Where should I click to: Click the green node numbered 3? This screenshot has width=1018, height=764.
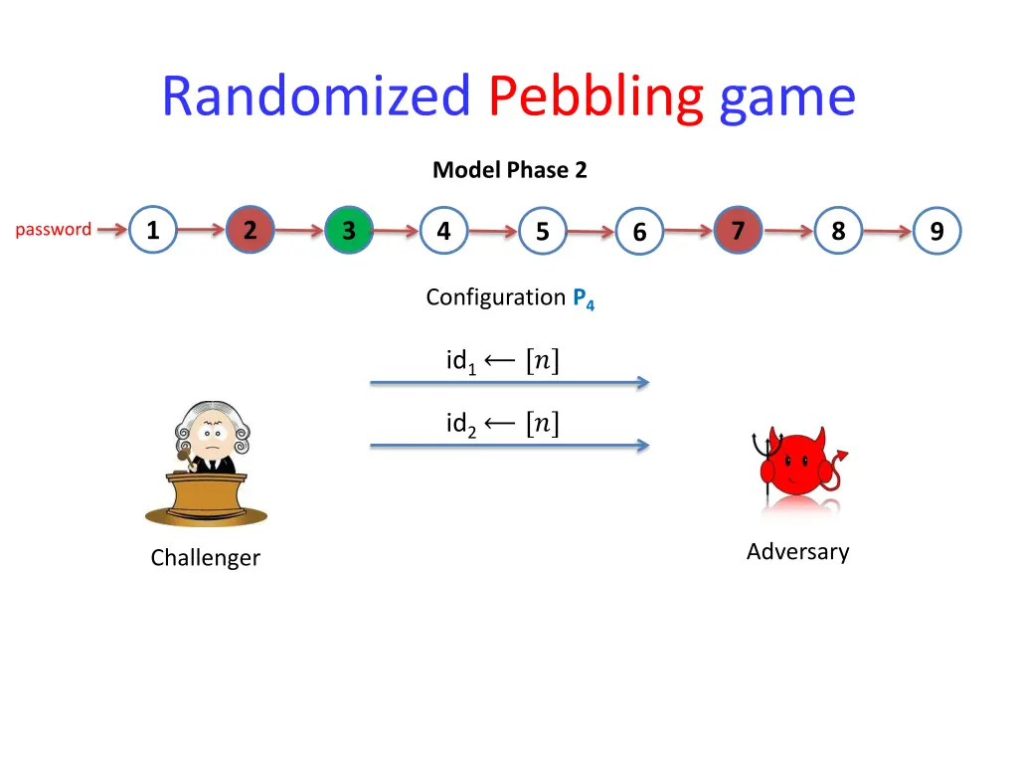pyautogui.click(x=349, y=231)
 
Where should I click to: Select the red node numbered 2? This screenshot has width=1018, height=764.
pyautogui.click(x=250, y=231)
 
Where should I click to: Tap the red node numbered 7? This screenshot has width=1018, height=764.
pyautogui.click(x=738, y=231)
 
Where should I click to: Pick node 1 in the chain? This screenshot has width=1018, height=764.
pyautogui.click(x=153, y=231)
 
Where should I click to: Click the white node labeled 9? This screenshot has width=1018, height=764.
pyautogui.click(x=936, y=232)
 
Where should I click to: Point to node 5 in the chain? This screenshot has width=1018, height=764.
pyautogui.click(x=542, y=232)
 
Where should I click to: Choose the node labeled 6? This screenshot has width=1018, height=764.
pyautogui.click(x=639, y=232)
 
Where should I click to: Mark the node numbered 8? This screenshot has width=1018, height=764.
pyautogui.click(x=838, y=231)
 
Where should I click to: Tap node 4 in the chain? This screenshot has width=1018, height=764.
pyautogui.click(x=443, y=231)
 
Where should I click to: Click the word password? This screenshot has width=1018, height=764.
pyautogui.click(x=54, y=230)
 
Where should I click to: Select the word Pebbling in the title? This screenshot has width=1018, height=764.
pyautogui.click(x=596, y=96)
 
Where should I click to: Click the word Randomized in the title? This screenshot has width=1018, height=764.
pyautogui.click(x=316, y=96)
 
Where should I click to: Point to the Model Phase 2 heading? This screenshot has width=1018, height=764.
pyautogui.click(x=510, y=170)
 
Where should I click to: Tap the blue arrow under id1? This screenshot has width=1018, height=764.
pyautogui.click(x=509, y=382)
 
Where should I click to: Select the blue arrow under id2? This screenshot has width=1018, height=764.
pyautogui.click(x=509, y=446)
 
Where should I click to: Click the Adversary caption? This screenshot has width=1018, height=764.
pyautogui.click(x=798, y=551)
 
